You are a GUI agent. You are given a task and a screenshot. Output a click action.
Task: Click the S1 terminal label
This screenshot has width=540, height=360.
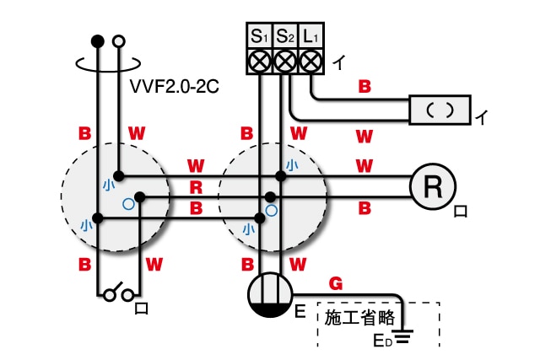259,37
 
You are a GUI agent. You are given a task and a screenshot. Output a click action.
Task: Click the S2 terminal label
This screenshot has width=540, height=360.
286,37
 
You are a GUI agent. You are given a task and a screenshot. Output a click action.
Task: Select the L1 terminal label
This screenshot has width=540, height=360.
312,37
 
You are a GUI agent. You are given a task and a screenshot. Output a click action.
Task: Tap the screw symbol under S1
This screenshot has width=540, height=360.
259,62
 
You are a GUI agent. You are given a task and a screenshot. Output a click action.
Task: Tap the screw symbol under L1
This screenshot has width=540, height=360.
312,62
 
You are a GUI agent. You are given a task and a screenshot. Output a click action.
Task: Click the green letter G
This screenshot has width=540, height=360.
335,285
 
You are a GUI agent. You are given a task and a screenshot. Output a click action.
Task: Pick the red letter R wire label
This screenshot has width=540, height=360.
196,185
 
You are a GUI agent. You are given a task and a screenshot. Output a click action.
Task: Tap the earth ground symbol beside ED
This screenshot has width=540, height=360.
406,339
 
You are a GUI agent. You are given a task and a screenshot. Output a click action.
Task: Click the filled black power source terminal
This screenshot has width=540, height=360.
97,40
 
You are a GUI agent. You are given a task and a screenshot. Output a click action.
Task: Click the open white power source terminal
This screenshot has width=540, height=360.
119,40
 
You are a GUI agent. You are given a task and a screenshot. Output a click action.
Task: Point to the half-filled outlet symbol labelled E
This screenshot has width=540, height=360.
272,295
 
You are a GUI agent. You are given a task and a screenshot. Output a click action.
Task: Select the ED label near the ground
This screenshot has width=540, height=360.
384,341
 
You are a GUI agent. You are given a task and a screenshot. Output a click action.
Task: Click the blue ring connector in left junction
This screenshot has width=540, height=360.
128,203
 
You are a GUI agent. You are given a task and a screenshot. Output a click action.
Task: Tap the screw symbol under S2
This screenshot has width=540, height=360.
286,62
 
